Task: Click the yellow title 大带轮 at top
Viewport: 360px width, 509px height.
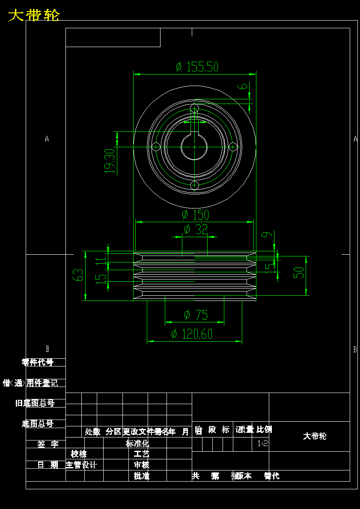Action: (34, 15)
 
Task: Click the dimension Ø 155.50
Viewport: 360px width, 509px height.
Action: (197, 67)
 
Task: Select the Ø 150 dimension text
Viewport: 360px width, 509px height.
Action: (195, 215)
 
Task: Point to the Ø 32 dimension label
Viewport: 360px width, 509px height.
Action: (195, 229)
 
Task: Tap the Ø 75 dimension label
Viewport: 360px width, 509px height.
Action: (196, 316)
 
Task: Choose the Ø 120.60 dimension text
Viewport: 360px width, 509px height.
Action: (191, 334)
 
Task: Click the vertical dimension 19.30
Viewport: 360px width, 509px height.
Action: (110, 161)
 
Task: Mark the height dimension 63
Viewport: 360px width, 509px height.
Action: (78, 275)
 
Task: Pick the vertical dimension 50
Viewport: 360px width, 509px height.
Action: (299, 273)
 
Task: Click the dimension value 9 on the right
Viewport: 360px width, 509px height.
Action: (266, 235)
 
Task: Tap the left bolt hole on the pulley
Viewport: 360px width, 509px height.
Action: (156, 147)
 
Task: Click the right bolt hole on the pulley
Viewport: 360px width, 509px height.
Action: (233, 147)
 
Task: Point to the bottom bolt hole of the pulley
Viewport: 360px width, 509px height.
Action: (195, 185)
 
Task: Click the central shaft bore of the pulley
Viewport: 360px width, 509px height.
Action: (194, 147)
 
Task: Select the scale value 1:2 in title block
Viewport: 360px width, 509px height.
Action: (263, 444)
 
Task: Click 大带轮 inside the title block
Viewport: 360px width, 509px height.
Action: (315, 436)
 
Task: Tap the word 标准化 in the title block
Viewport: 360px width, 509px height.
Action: (137, 444)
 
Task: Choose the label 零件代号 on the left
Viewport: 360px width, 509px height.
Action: (38, 362)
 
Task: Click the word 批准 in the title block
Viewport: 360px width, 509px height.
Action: (142, 476)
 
